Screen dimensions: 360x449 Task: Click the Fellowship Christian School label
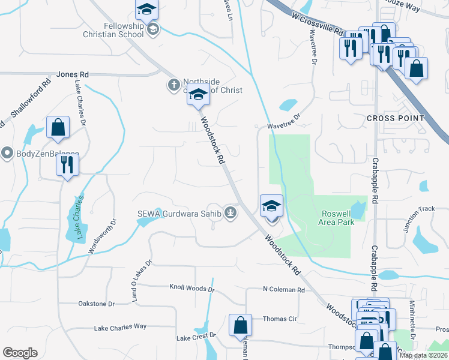[x=124, y=30]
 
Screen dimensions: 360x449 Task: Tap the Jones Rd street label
[x=73, y=74]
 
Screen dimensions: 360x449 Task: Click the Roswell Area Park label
[x=338, y=218]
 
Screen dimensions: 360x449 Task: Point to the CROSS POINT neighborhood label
[x=395, y=119]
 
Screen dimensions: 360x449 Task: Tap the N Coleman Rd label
[x=284, y=290]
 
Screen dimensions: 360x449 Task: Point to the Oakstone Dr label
[x=96, y=304]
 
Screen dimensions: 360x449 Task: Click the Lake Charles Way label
[x=120, y=328]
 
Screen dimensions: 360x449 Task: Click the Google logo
[x=20, y=353]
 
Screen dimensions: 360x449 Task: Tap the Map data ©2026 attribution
[x=423, y=355]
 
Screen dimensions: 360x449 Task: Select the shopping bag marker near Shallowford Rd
[x=58, y=128]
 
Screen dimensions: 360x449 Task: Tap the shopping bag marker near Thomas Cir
[x=240, y=326]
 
